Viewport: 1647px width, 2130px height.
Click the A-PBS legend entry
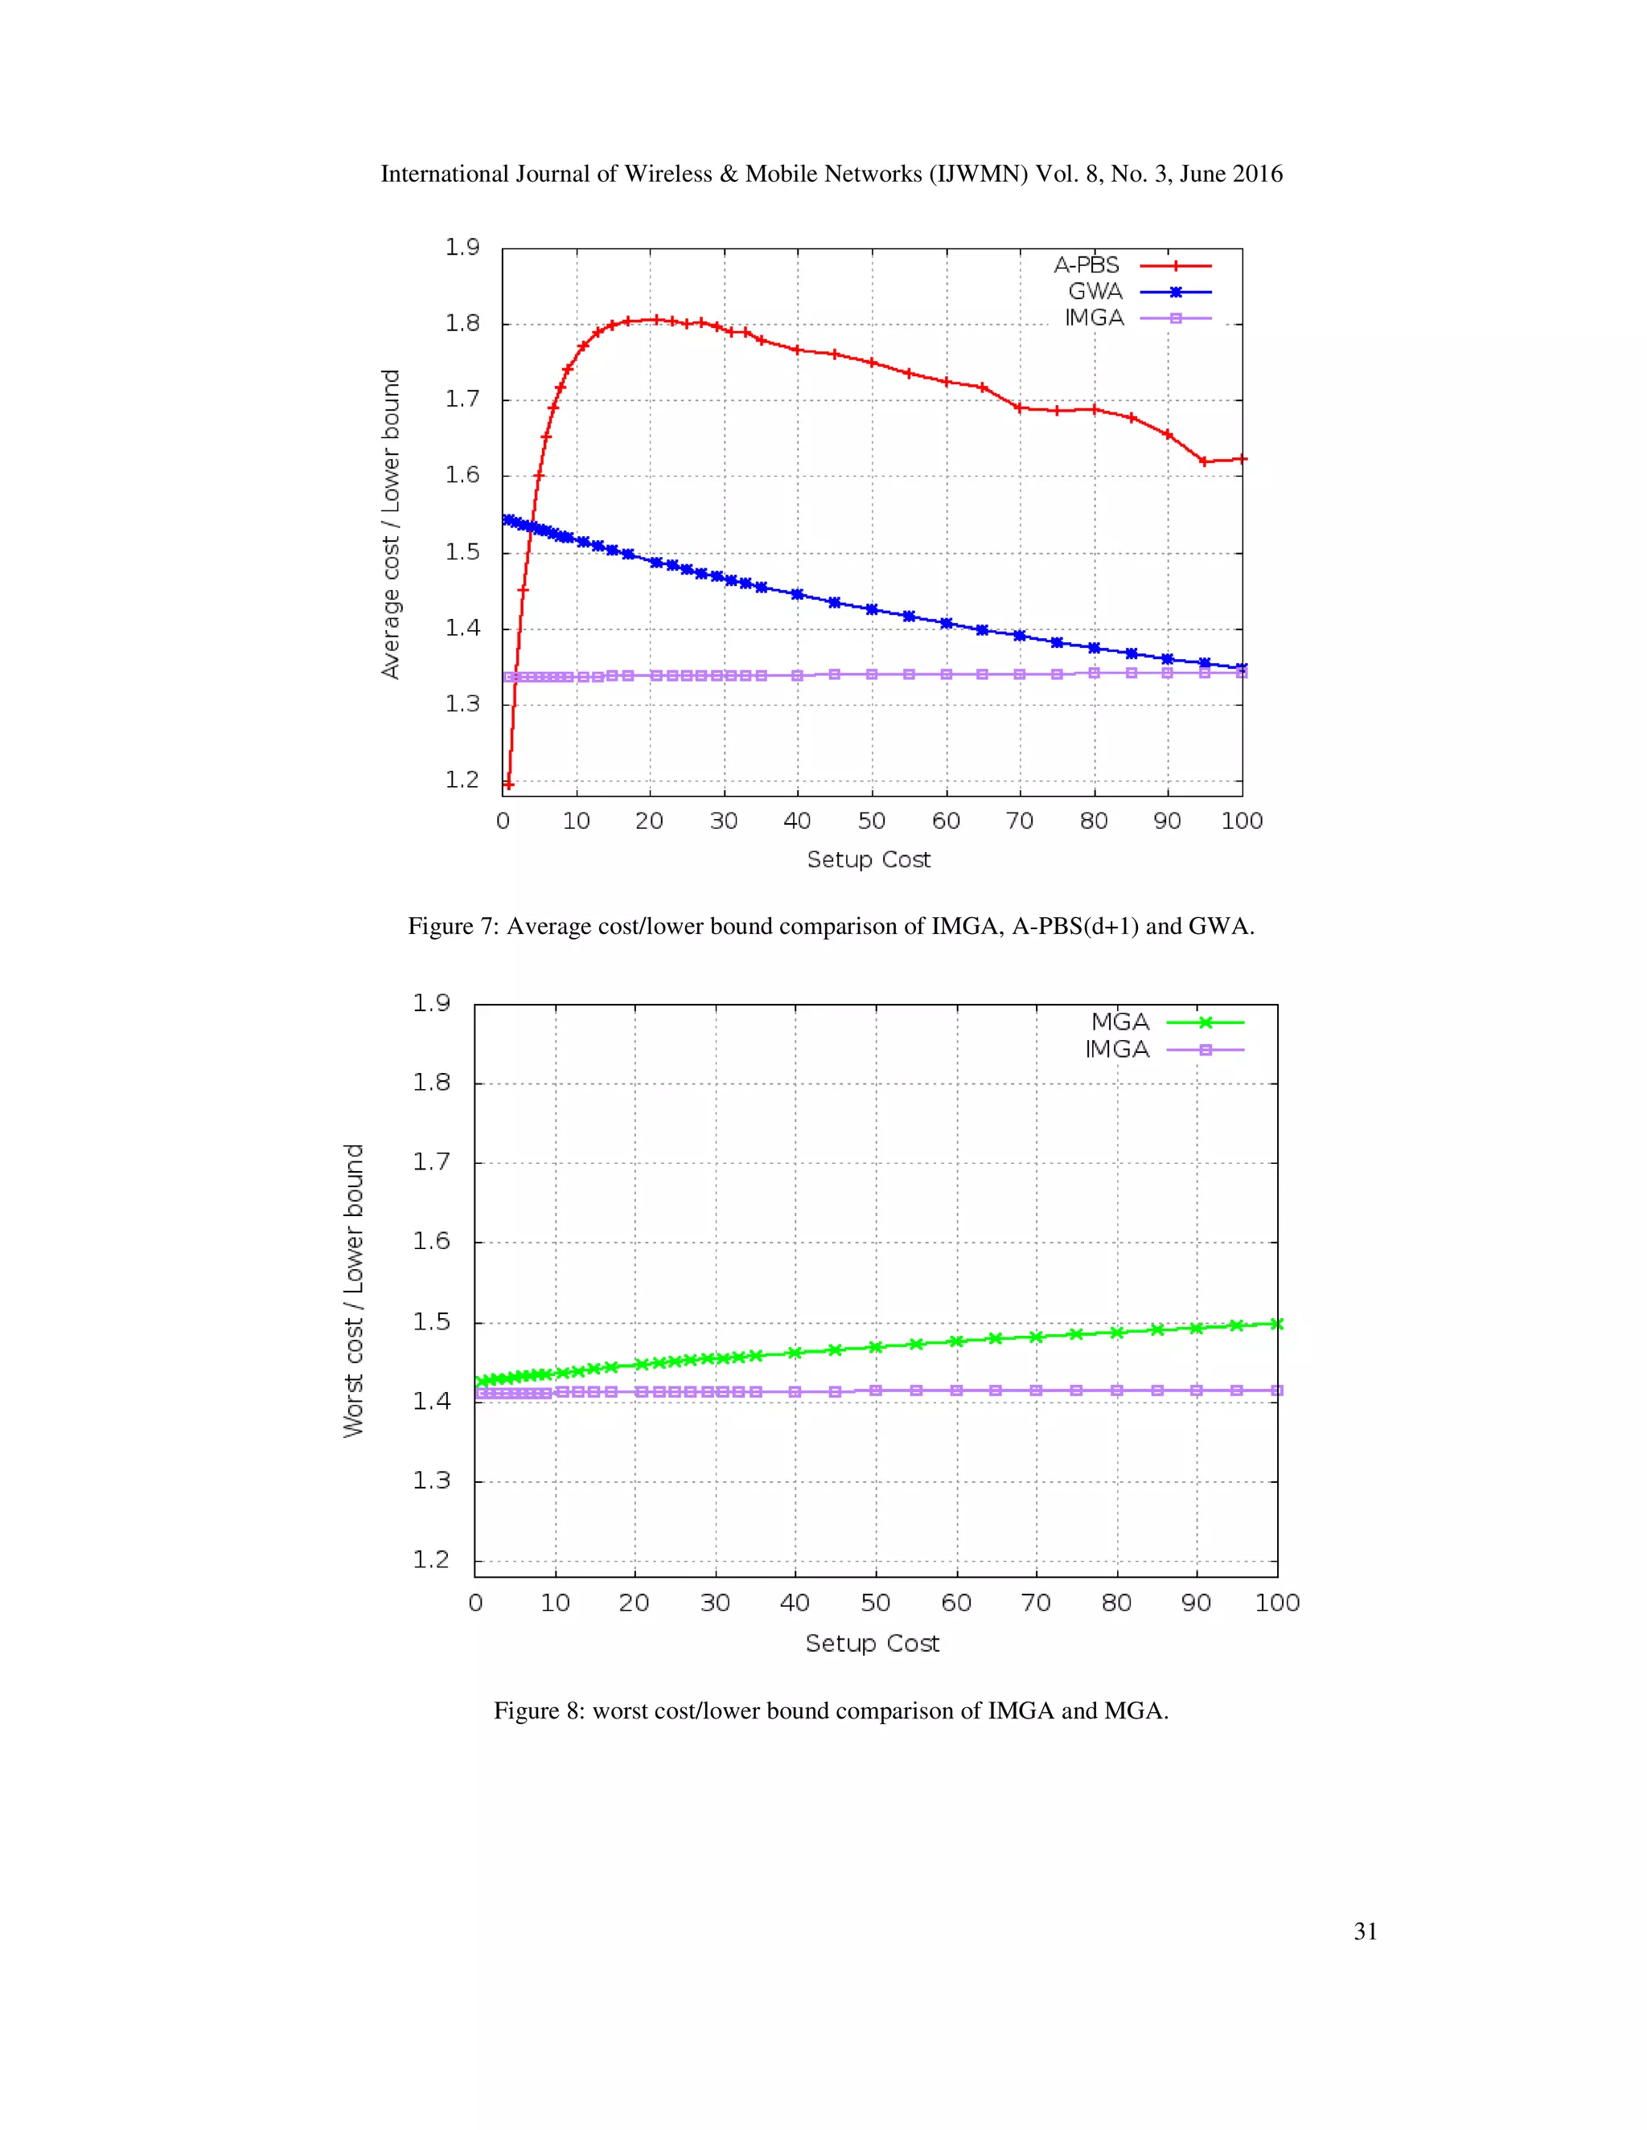[x=1132, y=265]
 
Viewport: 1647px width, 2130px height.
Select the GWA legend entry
[x=1139, y=292]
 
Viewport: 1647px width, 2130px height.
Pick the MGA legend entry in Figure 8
[x=1166, y=1022]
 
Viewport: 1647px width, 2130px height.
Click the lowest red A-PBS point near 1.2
[x=507, y=784]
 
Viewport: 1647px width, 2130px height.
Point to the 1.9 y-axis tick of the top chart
[x=462, y=248]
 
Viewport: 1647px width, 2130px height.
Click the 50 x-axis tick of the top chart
[x=871, y=821]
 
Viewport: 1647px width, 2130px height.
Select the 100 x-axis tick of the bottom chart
[x=1276, y=1603]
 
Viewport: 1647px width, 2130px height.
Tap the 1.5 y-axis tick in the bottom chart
[x=431, y=1321]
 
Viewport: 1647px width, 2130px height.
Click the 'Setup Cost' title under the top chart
[x=869, y=859]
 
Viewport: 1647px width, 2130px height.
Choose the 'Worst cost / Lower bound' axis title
[x=353, y=1289]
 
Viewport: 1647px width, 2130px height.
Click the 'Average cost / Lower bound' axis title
[x=390, y=524]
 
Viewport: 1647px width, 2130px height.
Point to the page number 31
[x=1365, y=1931]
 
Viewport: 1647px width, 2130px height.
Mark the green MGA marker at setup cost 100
[x=1276, y=1324]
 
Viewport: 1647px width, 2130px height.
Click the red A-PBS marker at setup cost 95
[x=1204, y=461]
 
